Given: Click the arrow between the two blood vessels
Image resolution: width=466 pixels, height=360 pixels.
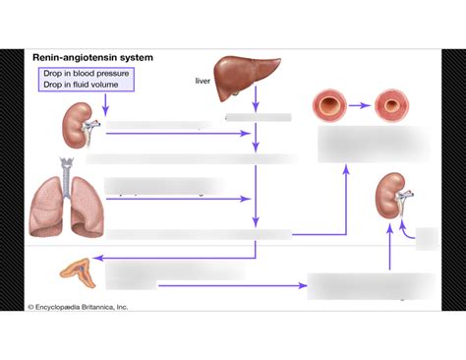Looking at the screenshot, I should pyautogui.click(x=361, y=104).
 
